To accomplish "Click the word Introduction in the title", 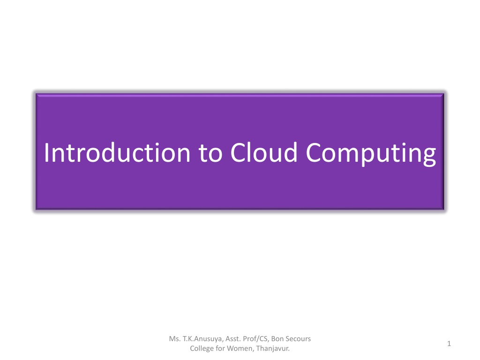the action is pyautogui.click(x=117, y=152).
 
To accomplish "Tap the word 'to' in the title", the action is pyautogui.click(x=210, y=153).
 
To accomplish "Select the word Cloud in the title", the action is pyautogui.click(x=264, y=152).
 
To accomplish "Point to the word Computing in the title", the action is pyautogui.click(x=371, y=154).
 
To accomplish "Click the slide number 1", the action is pyautogui.click(x=449, y=344).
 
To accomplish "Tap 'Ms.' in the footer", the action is pyautogui.click(x=174, y=338).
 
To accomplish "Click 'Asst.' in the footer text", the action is pyautogui.click(x=232, y=338).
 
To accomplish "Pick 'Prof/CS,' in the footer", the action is pyautogui.click(x=256, y=339).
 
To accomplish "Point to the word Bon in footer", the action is pyautogui.click(x=277, y=338).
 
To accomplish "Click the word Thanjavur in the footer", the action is pyautogui.click(x=273, y=349).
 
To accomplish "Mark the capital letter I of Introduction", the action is pyautogui.click(x=46, y=152).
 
